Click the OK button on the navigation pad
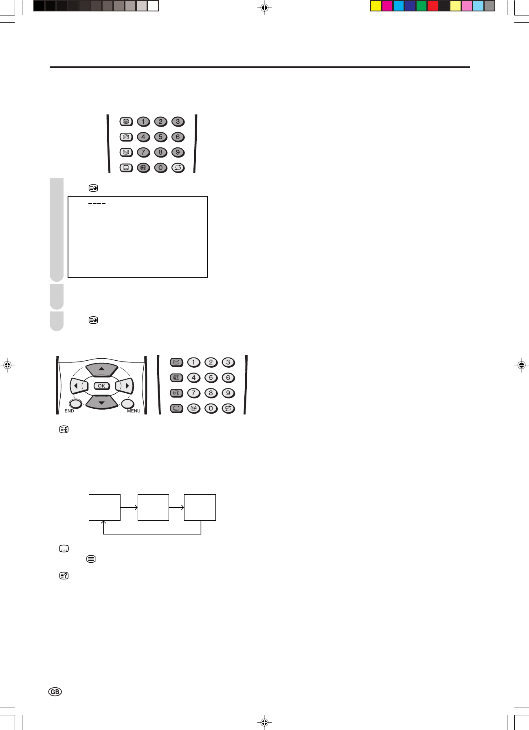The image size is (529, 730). pos(101,386)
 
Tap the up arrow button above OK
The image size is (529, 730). pos(102,369)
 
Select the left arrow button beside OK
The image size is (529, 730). pos(77,385)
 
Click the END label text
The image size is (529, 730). pos(69,411)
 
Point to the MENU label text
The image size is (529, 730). pos(134,411)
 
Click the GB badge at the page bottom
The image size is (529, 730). pos(55,691)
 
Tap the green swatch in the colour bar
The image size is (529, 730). pos(421,6)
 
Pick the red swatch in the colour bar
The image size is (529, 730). pos(432,6)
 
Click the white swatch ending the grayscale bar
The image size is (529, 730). pos(153,6)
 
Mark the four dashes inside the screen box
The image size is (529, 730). pos(97,203)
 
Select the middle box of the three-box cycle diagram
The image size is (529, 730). pos(153,507)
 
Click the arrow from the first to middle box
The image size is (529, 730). pos(129,507)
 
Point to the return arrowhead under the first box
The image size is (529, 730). pos(104,523)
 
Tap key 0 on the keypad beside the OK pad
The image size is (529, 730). pos(211,408)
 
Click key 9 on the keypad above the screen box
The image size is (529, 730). pos(178,152)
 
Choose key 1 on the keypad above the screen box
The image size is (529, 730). pos(143,121)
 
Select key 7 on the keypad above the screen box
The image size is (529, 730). pos(143,152)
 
